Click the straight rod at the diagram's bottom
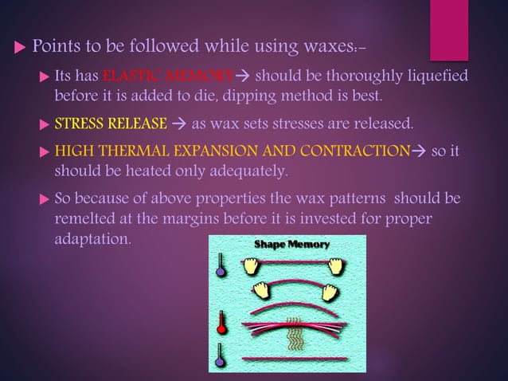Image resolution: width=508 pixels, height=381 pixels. click(x=287, y=359)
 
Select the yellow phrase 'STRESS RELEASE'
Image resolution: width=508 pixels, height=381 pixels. click(x=111, y=124)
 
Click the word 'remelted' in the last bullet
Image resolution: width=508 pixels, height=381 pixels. click(x=83, y=218)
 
